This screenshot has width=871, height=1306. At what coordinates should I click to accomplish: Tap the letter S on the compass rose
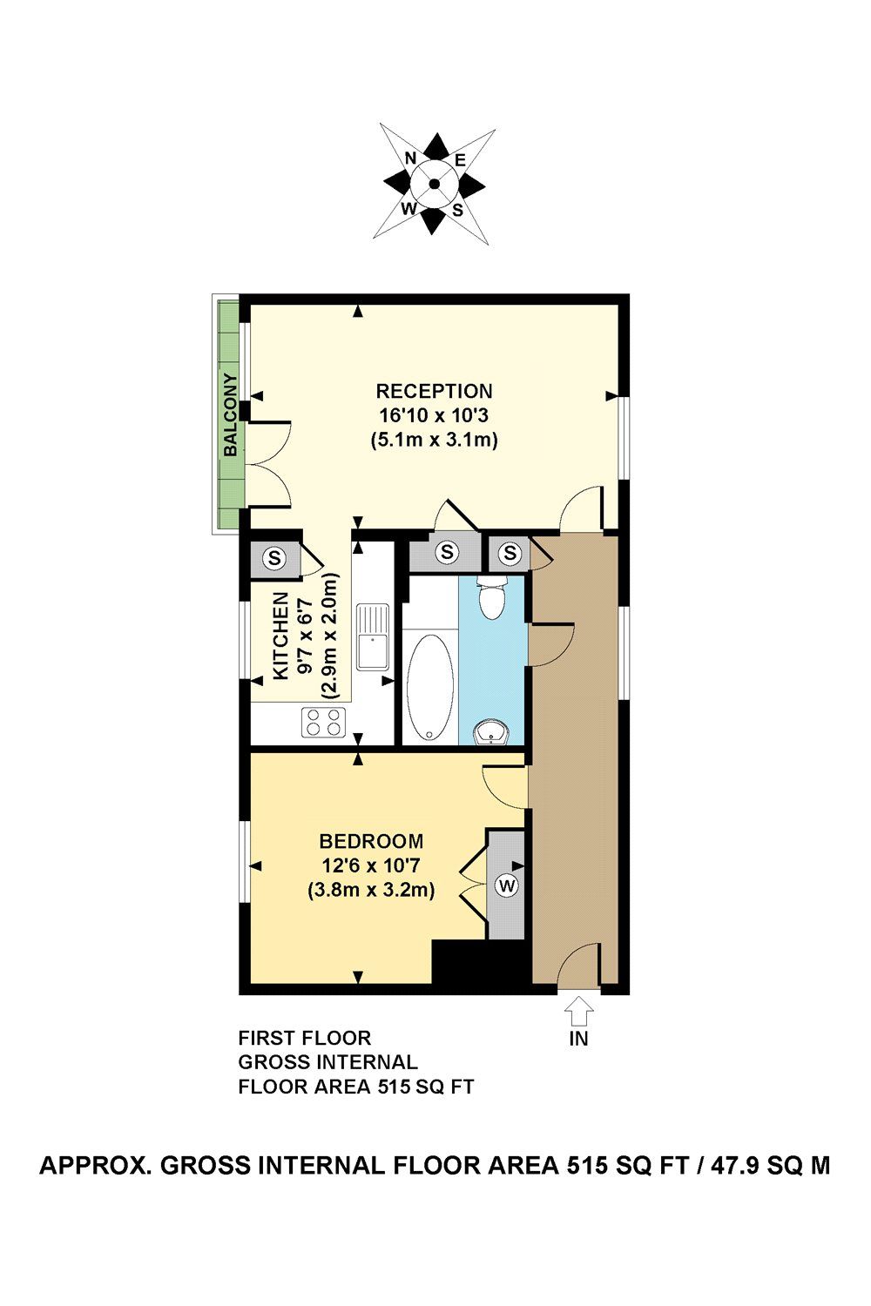tap(457, 209)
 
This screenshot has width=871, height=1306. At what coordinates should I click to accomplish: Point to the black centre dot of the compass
tap(434, 184)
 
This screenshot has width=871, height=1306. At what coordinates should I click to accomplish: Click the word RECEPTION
tap(434, 391)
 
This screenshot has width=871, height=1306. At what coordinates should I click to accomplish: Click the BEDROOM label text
tap(371, 841)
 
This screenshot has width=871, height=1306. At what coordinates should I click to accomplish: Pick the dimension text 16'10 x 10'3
tap(434, 415)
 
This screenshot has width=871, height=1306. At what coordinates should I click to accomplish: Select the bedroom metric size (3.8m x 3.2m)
tap(371, 891)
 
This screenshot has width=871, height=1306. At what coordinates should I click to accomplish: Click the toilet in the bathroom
tap(492, 597)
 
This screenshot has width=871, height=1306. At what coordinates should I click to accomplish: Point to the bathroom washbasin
tap(492, 733)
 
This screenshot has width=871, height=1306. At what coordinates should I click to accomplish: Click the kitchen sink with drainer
tap(372, 636)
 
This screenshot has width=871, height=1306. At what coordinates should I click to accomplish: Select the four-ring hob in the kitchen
tap(323, 723)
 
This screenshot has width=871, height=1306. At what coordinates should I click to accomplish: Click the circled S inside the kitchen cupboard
tap(275, 557)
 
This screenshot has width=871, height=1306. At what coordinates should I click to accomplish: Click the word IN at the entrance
tap(578, 1039)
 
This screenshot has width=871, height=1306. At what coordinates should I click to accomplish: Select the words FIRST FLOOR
tap(304, 1038)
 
